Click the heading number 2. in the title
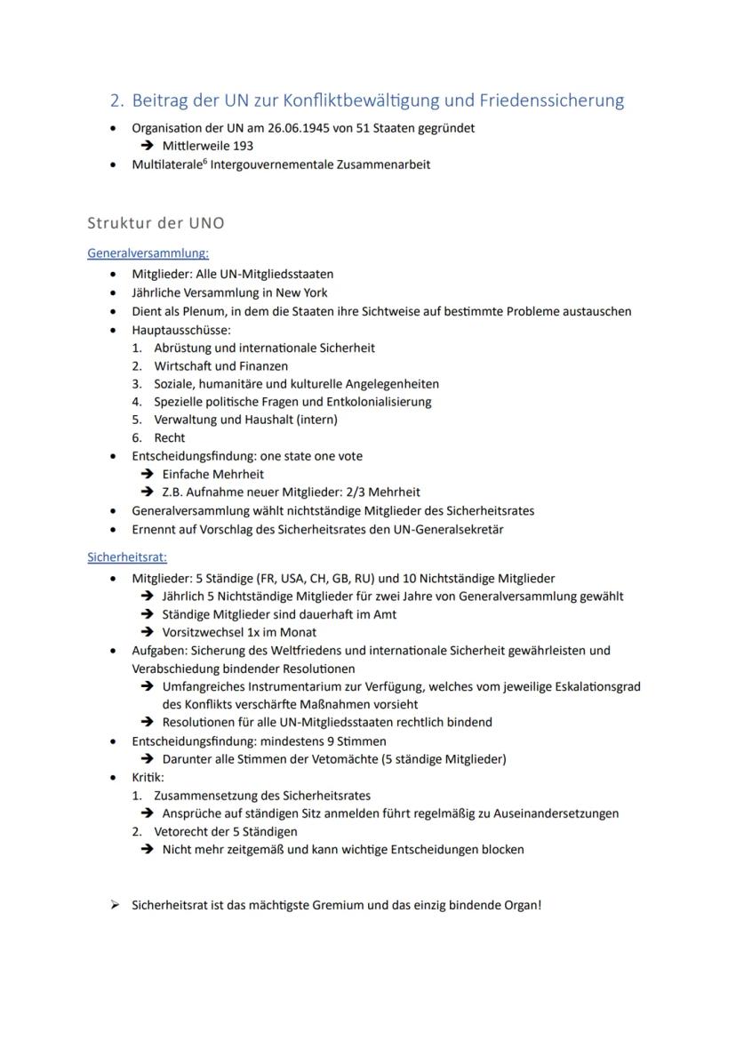pos(116,100)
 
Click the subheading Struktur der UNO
pos(156,223)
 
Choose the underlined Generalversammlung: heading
pos(148,253)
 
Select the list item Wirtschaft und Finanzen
pos(220,365)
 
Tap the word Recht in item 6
pos(170,437)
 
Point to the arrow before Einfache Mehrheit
pos(147,475)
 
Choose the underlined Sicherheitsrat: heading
pos(127,557)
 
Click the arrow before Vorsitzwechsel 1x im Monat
pos(147,632)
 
